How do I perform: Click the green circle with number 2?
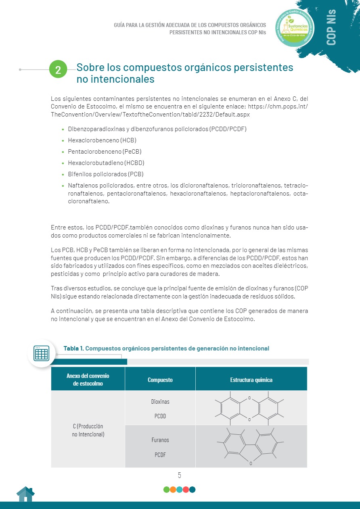click(58, 70)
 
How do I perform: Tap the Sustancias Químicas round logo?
click(294, 27)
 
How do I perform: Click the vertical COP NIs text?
click(331, 27)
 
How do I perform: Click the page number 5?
click(180, 475)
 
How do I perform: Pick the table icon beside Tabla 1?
click(41, 353)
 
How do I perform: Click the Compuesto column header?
click(160, 380)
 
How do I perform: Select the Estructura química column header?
click(251, 380)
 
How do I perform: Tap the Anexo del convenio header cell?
click(88, 380)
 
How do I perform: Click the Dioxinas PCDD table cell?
click(160, 409)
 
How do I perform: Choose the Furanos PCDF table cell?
click(160, 447)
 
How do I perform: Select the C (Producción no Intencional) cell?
click(88, 430)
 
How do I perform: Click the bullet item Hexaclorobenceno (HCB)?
click(102, 140)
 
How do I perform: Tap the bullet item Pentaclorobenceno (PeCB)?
click(105, 152)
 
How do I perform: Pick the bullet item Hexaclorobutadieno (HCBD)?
click(106, 163)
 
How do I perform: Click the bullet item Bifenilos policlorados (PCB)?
click(106, 174)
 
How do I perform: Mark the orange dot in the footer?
click(173, 490)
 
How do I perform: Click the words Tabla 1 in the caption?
click(73, 348)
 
